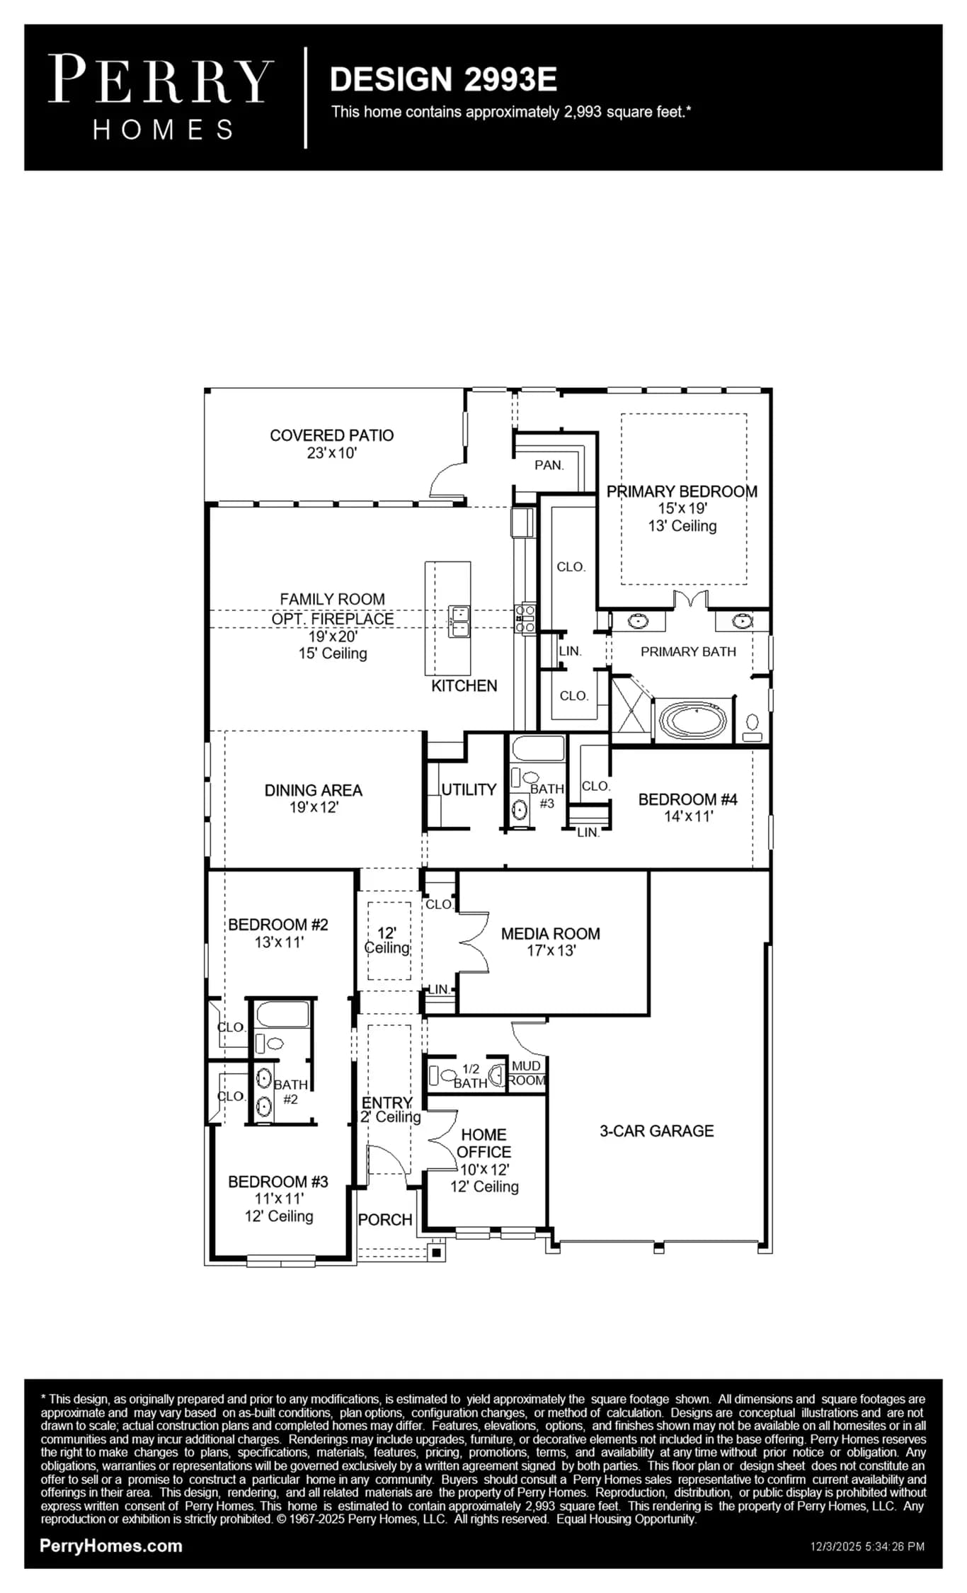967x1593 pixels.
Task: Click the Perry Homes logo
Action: (161, 98)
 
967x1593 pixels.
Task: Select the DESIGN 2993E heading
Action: (443, 79)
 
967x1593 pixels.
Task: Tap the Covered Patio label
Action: (331, 435)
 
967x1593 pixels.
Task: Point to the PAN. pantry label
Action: (549, 465)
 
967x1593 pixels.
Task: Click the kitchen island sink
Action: (458, 621)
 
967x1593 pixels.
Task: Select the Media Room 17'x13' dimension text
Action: (551, 951)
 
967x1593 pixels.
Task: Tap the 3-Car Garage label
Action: (656, 1131)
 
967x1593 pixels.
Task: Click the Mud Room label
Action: (527, 1073)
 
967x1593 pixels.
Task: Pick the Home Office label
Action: (483, 1143)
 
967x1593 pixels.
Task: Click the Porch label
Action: (385, 1220)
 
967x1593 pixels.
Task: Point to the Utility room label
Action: (469, 789)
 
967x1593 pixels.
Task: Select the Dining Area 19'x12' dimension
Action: (314, 807)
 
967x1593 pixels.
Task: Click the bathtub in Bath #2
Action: (282, 1015)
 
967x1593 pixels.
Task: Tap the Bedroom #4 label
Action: (687, 799)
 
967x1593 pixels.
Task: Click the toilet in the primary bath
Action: (753, 728)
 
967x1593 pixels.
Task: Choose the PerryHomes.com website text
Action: (111, 1546)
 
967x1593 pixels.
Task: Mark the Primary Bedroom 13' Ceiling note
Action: (682, 526)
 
